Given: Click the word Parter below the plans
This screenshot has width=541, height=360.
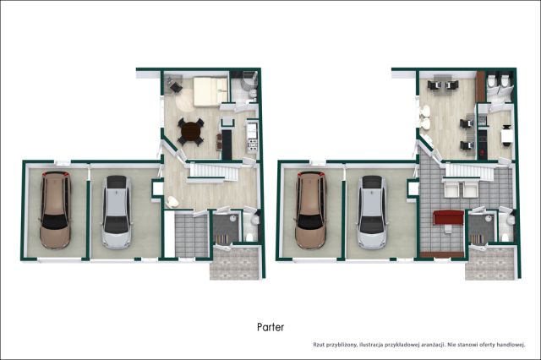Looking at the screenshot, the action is [270, 327].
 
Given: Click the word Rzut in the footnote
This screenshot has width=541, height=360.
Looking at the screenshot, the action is [319, 345].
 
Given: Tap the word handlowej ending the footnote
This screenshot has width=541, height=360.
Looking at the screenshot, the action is [512, 345].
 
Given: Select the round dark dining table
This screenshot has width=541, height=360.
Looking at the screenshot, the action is [190, 131].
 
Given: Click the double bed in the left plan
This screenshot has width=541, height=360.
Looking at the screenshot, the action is [210, 91].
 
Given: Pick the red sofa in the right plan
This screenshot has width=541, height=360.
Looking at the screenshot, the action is [448, 218].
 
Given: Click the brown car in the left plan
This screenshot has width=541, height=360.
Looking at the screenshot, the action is [55, 210].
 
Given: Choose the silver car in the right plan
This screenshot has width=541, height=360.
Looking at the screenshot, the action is [372, 212].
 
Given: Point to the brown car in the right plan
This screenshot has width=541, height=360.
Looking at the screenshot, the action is [310, 210].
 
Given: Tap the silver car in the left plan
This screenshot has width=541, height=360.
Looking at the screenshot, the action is [117, 212].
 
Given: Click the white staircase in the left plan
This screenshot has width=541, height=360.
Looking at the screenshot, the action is [212, 172].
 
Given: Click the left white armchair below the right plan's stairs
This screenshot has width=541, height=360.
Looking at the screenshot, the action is [451, 189].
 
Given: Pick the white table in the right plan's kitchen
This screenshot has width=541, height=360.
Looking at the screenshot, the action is [506, 135].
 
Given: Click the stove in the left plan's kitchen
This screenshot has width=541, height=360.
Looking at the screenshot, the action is [253, 145].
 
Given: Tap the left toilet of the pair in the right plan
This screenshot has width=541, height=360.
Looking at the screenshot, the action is [490, 82].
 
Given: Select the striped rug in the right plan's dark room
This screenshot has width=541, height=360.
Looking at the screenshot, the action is [477, 239].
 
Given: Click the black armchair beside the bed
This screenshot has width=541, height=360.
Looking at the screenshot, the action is [176, 88].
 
